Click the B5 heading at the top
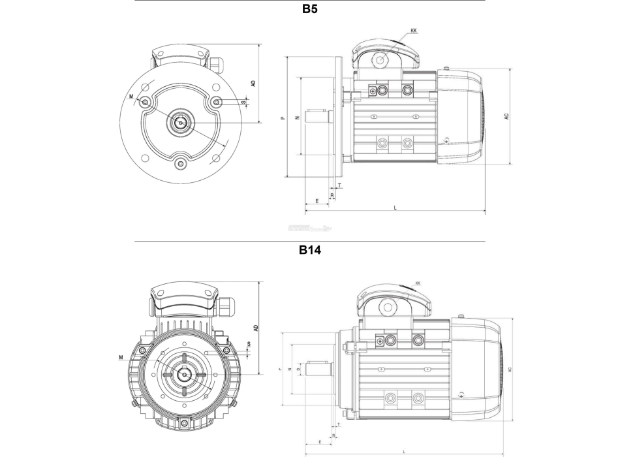(310, 10)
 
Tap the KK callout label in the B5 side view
(414, 31)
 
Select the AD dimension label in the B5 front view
(253, 83)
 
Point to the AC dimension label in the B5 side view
(506, 116)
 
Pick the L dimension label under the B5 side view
(395, 207)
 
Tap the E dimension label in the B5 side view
(317, 201)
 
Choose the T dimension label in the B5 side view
(339, 185)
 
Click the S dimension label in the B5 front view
(243, 102)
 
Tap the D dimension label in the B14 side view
(298, 369)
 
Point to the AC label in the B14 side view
(510, 370)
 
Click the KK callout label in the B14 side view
(418, 283)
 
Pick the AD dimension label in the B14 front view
(256, 327)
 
